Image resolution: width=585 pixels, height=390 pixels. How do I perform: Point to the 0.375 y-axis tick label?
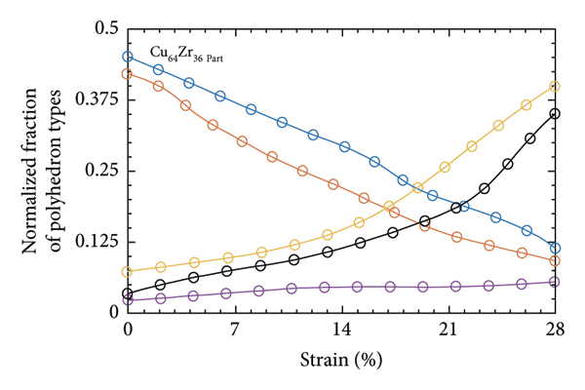[97, 99]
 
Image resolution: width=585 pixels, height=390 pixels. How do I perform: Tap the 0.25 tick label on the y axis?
[101, 171]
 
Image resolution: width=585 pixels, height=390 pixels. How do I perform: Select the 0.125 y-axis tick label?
[97, 242]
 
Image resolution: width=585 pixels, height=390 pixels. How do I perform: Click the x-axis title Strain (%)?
[340, 359]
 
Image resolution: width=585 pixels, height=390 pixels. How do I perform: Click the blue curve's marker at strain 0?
[128, 57]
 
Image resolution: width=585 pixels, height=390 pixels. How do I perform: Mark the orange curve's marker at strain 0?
[128, 73]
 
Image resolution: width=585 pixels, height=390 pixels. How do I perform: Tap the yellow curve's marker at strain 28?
[555, 86]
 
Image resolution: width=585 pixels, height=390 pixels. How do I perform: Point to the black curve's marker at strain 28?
[555, 113]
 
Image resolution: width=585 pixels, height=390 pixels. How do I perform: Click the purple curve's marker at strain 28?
[555, 282]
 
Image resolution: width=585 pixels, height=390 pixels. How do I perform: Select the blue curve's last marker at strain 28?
[555, 248]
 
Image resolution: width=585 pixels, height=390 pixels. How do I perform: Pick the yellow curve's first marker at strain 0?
[128, 272]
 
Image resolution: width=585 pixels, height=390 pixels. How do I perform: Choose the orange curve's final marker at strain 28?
[555, 261]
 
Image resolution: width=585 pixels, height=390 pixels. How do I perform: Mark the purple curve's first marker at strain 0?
[128, 300]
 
